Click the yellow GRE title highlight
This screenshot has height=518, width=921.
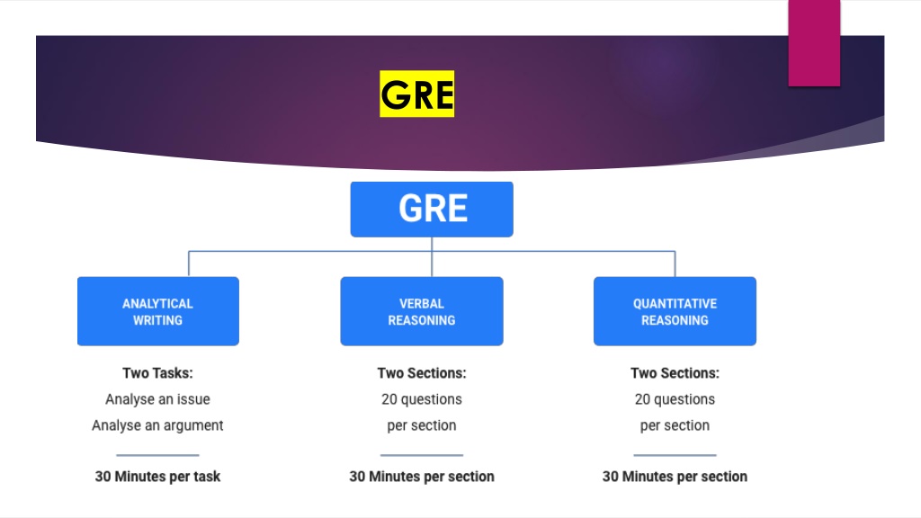point(417,94)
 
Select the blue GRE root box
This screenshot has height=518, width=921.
point(432,209)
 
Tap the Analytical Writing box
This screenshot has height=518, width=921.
point(158,311)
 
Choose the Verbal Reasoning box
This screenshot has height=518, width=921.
point(422,311)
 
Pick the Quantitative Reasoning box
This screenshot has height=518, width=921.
point(675,311)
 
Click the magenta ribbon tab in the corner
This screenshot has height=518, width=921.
point(814,43)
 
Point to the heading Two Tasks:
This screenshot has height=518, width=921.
point(157,373)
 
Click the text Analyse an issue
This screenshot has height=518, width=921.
point(157,399)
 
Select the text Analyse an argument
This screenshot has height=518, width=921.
point(157,425)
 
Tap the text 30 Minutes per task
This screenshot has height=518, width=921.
point(157,477)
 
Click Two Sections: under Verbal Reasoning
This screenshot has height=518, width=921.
point(422,373)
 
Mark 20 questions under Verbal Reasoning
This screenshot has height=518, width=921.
point(422,399)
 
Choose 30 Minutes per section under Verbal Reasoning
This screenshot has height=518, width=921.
point(422,477)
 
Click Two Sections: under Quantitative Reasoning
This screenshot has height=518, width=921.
point(675,373)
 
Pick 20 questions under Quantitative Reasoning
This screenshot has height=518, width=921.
point(675,399)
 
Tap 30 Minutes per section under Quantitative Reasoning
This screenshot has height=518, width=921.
point(675,477)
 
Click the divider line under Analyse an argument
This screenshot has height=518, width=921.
point(157,454)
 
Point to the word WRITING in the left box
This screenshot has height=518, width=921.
point(157,320)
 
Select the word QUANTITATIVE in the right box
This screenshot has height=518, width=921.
point(675,304)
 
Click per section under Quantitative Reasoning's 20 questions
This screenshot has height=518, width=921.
point(675,425)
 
